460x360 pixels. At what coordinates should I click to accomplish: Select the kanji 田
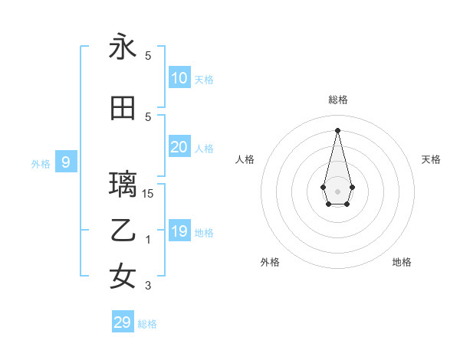click(x=123, y=109)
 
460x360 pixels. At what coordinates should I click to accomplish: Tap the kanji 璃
click(x=123, y=185)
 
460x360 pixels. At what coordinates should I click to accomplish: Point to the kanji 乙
click(x=123, y=231)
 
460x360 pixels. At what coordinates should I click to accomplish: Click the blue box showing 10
click(x=179, y=78)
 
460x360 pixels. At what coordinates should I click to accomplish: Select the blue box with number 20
click(x=179, y=147)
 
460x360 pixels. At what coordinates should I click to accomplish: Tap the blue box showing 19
click(x=179, y=231)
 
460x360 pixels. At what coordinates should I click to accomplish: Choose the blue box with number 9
click(x=66, y=162)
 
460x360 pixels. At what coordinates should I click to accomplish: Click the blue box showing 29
click(x=123, y=322)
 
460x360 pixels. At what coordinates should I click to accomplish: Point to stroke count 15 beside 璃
click(x=148, y=194)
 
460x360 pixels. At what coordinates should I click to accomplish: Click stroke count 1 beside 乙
click(x=148, y=240)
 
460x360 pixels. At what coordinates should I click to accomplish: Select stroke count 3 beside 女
click(x=148, y=286)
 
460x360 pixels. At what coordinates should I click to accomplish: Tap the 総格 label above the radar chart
click(x=338, y=100)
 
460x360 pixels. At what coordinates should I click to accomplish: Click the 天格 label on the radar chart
click(x=431, y=159)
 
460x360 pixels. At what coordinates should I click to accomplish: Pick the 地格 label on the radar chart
click(x=402, y=262)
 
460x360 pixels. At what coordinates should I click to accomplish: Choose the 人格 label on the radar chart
click(x=245, y=159)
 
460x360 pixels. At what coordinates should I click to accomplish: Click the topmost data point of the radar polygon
click(x=338, y=129)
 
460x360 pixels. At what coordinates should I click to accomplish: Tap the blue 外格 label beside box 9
click(x=40, y=163)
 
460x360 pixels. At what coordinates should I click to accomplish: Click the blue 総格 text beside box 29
click(x=147, y=324)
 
